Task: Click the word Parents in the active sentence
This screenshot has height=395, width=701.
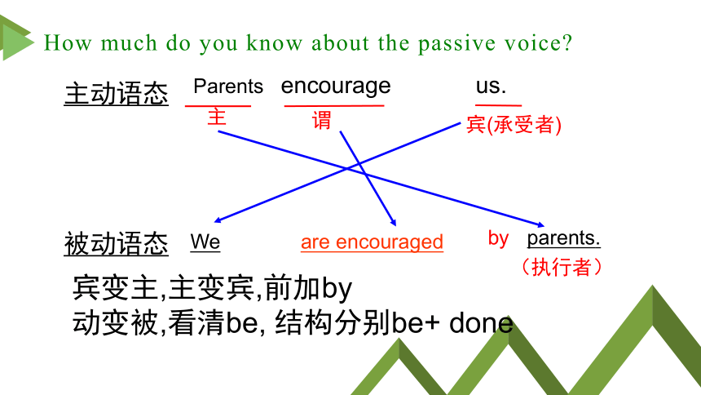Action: tap(228, 86)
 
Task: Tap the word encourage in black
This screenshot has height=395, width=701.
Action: tap(336, 87)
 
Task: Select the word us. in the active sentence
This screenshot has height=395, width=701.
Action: tap(491, 86)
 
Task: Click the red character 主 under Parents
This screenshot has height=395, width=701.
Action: tap(217, 118)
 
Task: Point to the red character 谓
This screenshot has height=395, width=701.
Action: tap(321, 121)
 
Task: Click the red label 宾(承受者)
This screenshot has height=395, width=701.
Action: tap(514, 125)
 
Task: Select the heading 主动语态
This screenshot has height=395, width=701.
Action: tap(117, 94)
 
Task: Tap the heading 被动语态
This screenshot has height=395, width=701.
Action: tap(117, 244)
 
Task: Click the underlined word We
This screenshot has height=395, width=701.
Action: tap(205, 242)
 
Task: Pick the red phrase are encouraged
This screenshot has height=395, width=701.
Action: tap(372, 242)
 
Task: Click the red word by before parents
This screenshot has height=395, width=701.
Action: tap(499, 238)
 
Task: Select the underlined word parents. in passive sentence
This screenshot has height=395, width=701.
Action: tap(564, 237)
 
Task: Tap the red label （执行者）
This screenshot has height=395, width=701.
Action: tap(562, 267)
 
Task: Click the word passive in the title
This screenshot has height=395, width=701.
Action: tap(456, 44)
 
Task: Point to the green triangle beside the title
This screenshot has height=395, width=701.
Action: tap(17, 42)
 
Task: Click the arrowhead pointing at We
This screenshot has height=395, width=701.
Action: tap(218, 220)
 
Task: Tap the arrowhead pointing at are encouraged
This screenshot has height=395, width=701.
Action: tap(394, 223)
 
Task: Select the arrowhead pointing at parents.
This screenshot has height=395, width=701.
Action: tap(540, 224)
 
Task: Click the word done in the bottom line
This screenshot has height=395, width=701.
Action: tap(481, 323)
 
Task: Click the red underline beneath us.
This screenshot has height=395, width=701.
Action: tap(499, 106)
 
